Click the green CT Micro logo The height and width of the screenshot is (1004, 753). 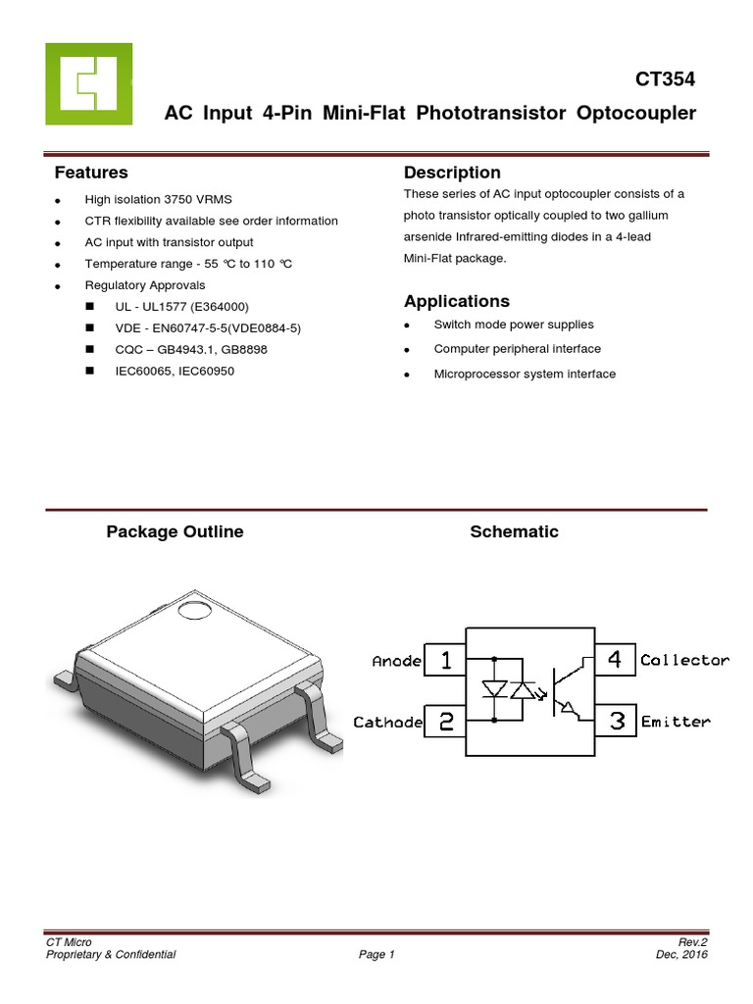(88, 83)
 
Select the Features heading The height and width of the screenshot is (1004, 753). (91, 173)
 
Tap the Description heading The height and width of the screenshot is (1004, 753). (452, 173)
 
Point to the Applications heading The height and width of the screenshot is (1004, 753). (457, 301)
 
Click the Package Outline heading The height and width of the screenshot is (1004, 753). (175, 531)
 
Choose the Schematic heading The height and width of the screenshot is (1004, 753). (514, 531)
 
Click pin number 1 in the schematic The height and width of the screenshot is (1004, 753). (446, 660)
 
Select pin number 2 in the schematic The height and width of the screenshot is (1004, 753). (446, 722)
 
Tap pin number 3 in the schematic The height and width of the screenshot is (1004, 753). (617, 722)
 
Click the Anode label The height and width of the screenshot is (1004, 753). (397, 661)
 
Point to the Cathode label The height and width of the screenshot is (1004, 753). (388, 723)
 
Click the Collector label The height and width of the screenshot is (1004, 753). (684, 661)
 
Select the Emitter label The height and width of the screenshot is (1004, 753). (675, 723)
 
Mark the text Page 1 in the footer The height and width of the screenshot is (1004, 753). (376, 954)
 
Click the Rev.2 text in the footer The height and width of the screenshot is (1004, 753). (692, 941)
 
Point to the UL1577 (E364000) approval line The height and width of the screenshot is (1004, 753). (176, 307)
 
